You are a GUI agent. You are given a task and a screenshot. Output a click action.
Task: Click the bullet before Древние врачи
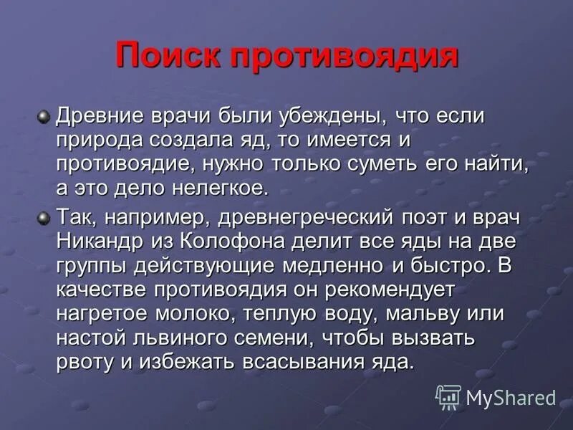pos(44,115)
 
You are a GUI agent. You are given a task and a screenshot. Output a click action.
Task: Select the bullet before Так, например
pos(44,217)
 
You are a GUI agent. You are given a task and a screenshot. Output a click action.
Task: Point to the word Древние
pos(100,116)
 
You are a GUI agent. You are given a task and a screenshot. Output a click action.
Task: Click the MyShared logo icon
pos(448,396)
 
